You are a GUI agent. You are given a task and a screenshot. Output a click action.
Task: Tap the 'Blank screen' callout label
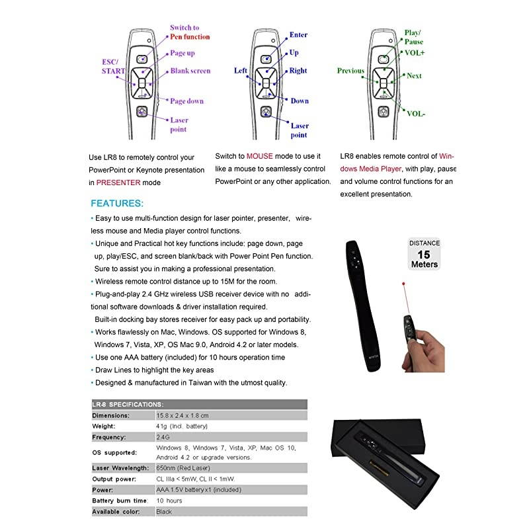tap(190, 71)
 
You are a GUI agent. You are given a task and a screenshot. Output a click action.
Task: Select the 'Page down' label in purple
tap(186, 101)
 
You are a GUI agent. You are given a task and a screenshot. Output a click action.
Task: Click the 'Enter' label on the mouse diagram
tap(298, 34)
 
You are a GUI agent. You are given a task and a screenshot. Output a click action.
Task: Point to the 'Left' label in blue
tap(241, 70)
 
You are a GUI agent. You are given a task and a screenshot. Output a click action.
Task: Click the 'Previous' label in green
tap(350, 70)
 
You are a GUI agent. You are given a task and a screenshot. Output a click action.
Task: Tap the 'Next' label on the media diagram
tap(414, 76)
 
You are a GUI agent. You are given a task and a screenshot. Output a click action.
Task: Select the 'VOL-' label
tap(416, 114)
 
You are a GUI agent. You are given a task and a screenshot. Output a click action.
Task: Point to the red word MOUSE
tap(260, 156)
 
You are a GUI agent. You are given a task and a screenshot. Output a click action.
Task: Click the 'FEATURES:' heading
tap(116, 203)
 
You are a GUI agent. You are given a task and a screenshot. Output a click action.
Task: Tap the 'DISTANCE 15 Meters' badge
tap(424, 254)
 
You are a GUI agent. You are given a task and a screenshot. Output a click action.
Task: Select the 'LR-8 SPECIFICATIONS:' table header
tap(128, 404)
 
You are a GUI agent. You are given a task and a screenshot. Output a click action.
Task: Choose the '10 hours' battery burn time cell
tap(169, 501)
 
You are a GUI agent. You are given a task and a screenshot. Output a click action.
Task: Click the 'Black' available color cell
tap(164, 512)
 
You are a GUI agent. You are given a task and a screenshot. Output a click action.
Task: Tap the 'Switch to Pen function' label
tap(189, 32)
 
